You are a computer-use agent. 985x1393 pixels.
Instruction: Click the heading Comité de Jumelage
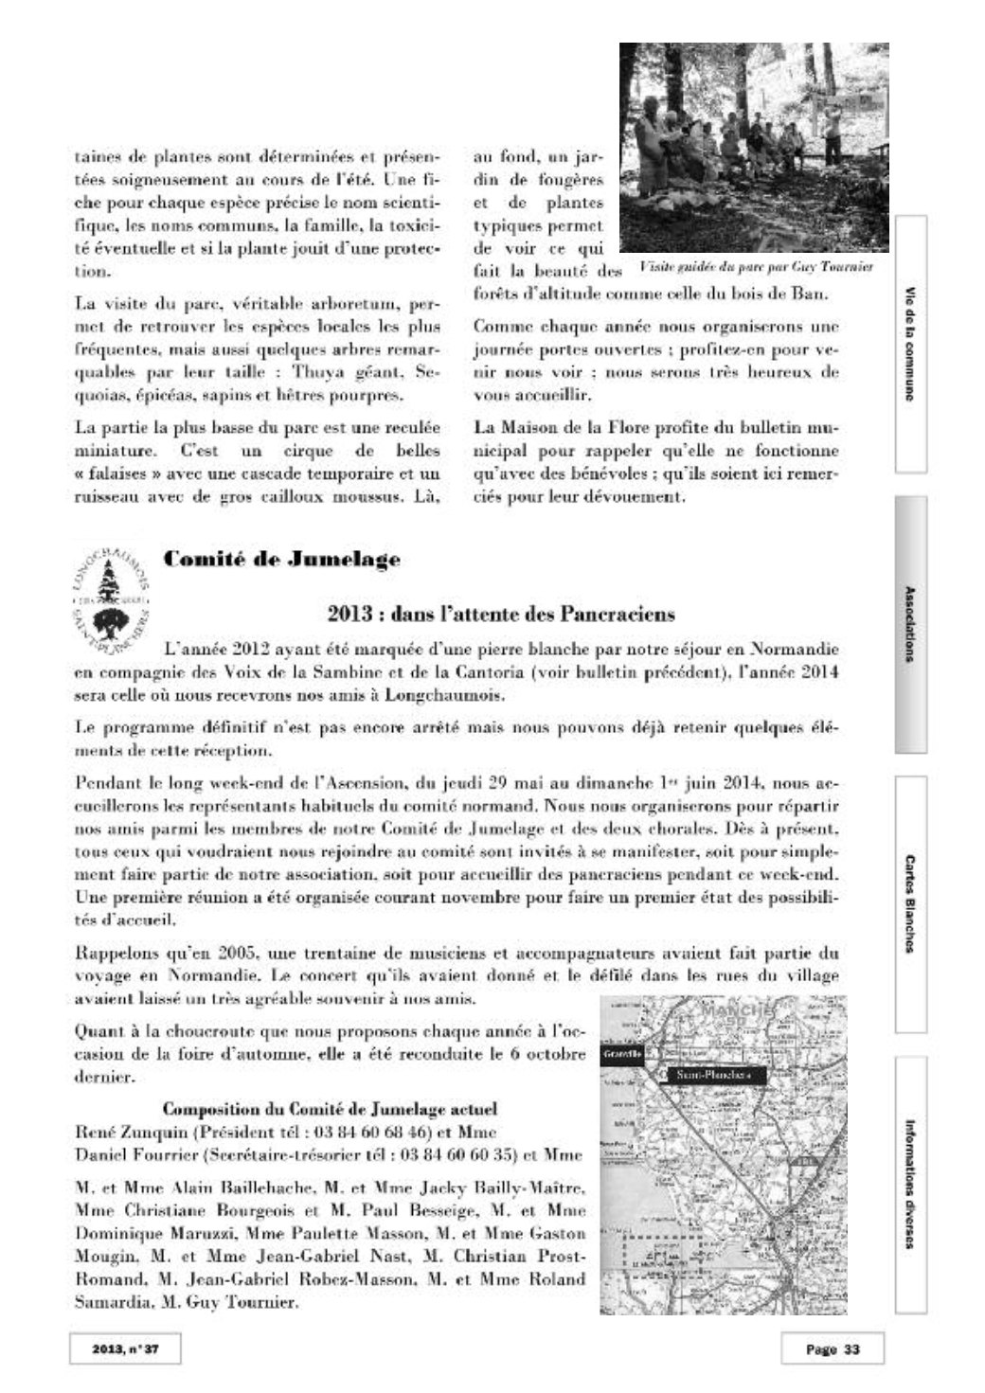[281, 560]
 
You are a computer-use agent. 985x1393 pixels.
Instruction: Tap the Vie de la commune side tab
[910, 343]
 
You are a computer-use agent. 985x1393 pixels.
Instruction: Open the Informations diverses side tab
[910, 1185]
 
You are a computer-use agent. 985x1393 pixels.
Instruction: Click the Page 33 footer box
[833, 1349]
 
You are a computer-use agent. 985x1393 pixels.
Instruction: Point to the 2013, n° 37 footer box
[124, 1349]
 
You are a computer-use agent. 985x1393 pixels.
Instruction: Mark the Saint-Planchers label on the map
[715, 1076]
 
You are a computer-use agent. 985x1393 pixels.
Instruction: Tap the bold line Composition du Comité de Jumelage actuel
[331, 1110]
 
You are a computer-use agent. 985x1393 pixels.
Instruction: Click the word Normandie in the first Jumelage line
[793, 651]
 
